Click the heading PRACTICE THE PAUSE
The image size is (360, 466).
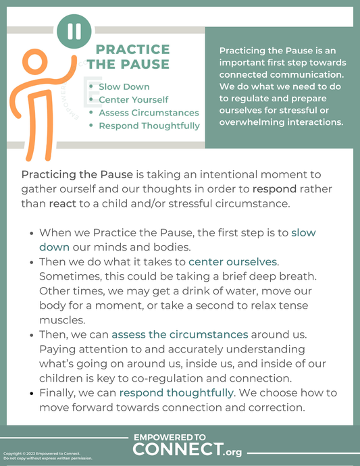tap(133, 57)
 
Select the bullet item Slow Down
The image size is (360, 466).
tap(124, 86)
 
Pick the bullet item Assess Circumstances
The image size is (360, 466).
tap(149, 112)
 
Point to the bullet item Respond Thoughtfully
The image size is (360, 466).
tap(149, 125)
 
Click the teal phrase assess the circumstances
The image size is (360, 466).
tap(180, 334)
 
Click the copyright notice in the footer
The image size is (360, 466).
tap(47, 455)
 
